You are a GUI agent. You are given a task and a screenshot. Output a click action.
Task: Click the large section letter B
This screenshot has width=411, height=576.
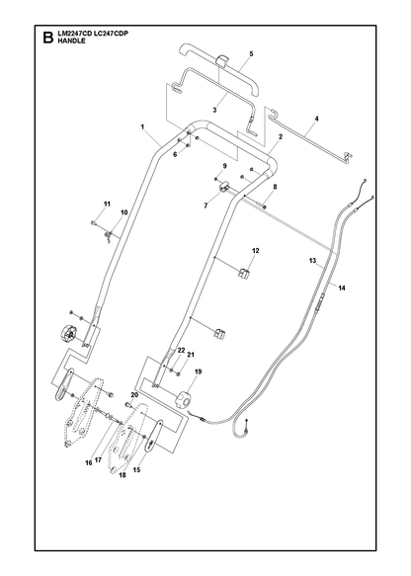(47, 38)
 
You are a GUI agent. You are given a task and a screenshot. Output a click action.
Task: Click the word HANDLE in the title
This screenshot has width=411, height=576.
(71, 41)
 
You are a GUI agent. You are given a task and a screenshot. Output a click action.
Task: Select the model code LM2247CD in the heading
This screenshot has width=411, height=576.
(74, 34)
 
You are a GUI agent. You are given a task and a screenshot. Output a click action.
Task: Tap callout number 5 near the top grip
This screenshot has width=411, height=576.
(251, 53)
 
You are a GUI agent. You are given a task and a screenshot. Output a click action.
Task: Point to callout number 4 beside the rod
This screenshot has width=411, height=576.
(316, 119)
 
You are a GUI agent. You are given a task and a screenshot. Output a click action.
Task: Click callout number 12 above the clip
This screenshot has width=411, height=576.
(255, 251)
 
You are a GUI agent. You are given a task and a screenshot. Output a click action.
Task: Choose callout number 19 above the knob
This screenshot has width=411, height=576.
(198, 371)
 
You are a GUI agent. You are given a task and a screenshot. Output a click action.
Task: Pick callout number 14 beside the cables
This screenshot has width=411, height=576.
(342, 288)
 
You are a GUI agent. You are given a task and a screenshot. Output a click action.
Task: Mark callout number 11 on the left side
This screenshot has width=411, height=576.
(107, 204)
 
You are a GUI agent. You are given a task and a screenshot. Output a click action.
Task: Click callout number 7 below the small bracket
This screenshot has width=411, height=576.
(205, 206)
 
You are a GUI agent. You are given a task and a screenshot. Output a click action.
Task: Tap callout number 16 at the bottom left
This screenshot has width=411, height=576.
(89, 463)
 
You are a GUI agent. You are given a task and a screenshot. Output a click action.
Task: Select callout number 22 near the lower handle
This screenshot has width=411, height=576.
(181, 351)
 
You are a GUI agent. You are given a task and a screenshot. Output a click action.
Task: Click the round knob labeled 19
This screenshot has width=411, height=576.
(184, 399)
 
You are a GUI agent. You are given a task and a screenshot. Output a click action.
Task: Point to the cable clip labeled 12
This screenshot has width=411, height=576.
(243, 273)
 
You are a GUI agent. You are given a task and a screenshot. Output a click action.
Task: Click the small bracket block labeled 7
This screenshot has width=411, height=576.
(223, 188)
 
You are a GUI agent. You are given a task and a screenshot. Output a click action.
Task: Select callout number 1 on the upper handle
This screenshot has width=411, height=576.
(142, 127)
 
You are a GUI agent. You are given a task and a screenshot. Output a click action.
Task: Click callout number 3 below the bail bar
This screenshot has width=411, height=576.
(214, 110)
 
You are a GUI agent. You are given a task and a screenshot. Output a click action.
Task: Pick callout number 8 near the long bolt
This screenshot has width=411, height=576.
(275, 187)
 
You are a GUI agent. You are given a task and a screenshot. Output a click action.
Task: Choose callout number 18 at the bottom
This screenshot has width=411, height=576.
(123, 475)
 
